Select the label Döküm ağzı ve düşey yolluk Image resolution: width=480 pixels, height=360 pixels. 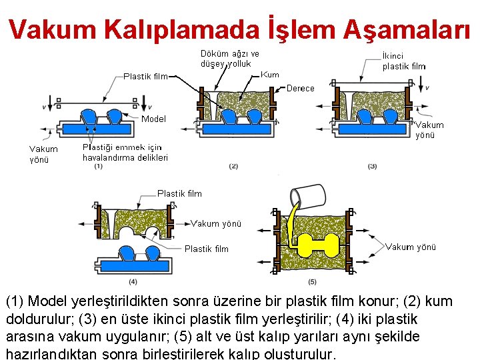click(229, 59)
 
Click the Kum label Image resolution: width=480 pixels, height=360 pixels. click(270, 75)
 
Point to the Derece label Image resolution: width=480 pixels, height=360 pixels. click(300, 88)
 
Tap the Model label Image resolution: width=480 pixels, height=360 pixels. click(153, 119)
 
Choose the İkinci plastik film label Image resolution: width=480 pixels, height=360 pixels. click(403, 61)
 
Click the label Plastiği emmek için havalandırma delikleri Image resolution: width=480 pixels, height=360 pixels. click(125, 153)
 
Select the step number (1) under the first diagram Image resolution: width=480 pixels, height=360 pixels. click(98, 166)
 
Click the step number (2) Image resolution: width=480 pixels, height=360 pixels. click(233, 166)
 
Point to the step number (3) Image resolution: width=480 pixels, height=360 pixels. click(372, 166)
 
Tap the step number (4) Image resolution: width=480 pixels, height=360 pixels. click(133, 281)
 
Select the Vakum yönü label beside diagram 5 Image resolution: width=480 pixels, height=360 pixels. click(411, 247)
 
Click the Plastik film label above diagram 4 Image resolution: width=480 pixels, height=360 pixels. click(179, 193)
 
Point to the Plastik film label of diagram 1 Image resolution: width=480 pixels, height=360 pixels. click(145, 76)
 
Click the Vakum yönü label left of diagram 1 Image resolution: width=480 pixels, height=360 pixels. click(43, 154)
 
